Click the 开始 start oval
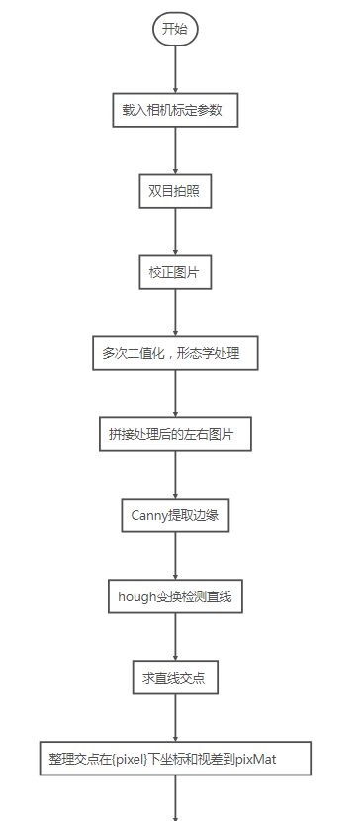tap(175, 29)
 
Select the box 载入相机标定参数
tap(175, 110)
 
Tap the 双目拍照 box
tap(175, 191)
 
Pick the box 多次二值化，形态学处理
tap(175, 353)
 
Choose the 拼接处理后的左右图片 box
tap(175, 434)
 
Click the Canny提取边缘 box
tap(175, 515)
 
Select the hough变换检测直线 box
tap(175, 596)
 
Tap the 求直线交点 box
tap(175, 679)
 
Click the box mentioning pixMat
tap(175, 759)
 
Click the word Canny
tap(150, 515)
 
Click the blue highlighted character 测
tap(201, 596)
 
